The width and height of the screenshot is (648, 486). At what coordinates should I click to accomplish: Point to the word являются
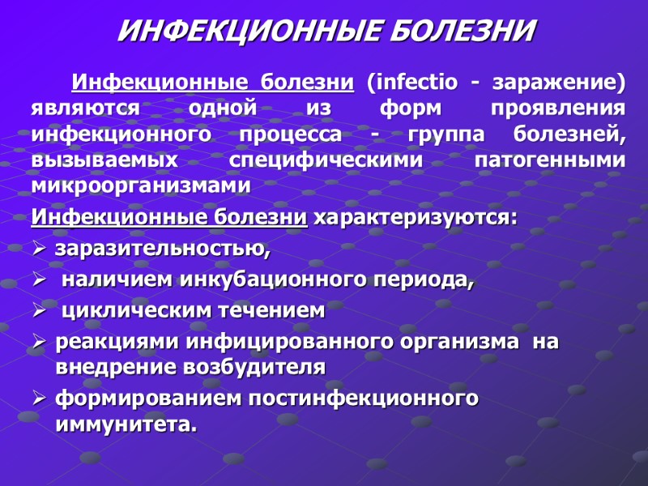(x=86, y=109)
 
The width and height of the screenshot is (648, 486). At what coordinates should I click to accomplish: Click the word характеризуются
(x=414, y=219)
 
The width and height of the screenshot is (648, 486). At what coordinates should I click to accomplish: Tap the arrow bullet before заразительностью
(x=39, y=249)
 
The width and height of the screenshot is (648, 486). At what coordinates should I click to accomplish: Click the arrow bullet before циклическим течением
(x=39, y=311)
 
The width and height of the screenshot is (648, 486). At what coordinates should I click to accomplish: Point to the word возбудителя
(x=250, y=366)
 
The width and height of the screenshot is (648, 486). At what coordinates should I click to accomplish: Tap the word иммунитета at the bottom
(x=126, y=424)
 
